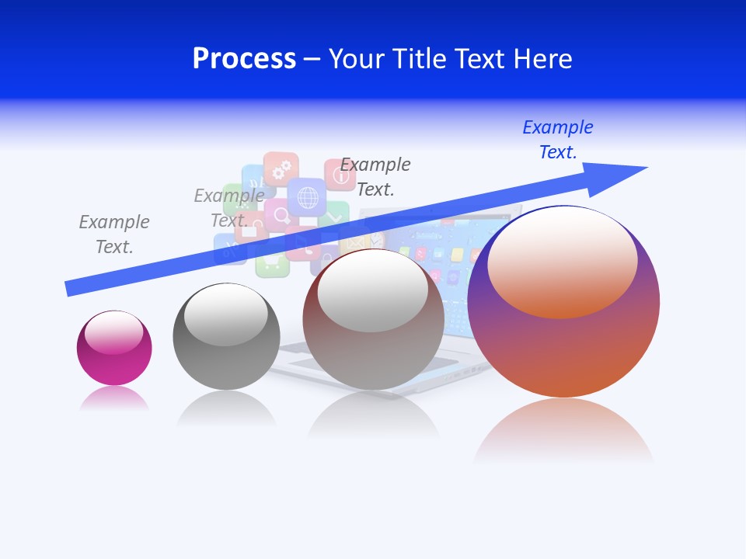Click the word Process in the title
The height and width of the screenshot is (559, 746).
pos(244,59)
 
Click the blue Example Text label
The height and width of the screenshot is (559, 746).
pos(558,140)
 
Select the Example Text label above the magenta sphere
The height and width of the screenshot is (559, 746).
pos(114,234)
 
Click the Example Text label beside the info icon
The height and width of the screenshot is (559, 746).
pos(375,177)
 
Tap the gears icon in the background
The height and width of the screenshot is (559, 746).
pos(281,167)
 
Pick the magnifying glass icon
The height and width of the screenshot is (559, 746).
pos(277,215)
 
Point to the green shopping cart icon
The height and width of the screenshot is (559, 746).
pos(272,264)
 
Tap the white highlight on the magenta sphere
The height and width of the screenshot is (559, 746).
pos(114,333)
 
